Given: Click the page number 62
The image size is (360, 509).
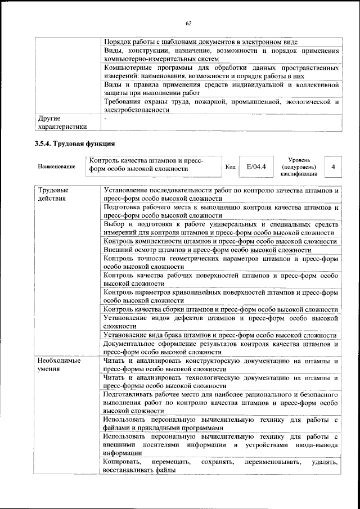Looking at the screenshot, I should click(188, 23).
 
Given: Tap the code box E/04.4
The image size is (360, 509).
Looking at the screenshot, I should click(256, 167).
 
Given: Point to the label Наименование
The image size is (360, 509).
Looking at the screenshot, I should click(56, 167).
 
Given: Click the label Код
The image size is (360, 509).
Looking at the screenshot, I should click(231, 167).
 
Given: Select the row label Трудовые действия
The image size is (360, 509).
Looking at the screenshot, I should click(50, 195).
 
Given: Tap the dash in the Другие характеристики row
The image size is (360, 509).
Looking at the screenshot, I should click(105, 119).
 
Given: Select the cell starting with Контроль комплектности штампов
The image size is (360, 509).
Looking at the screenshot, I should click(220, 241).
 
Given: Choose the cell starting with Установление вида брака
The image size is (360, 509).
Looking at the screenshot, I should click(220, 335).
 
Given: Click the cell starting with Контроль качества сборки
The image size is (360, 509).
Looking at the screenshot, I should click(220, 309).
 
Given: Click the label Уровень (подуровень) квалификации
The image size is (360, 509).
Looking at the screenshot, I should click(298, 167).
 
